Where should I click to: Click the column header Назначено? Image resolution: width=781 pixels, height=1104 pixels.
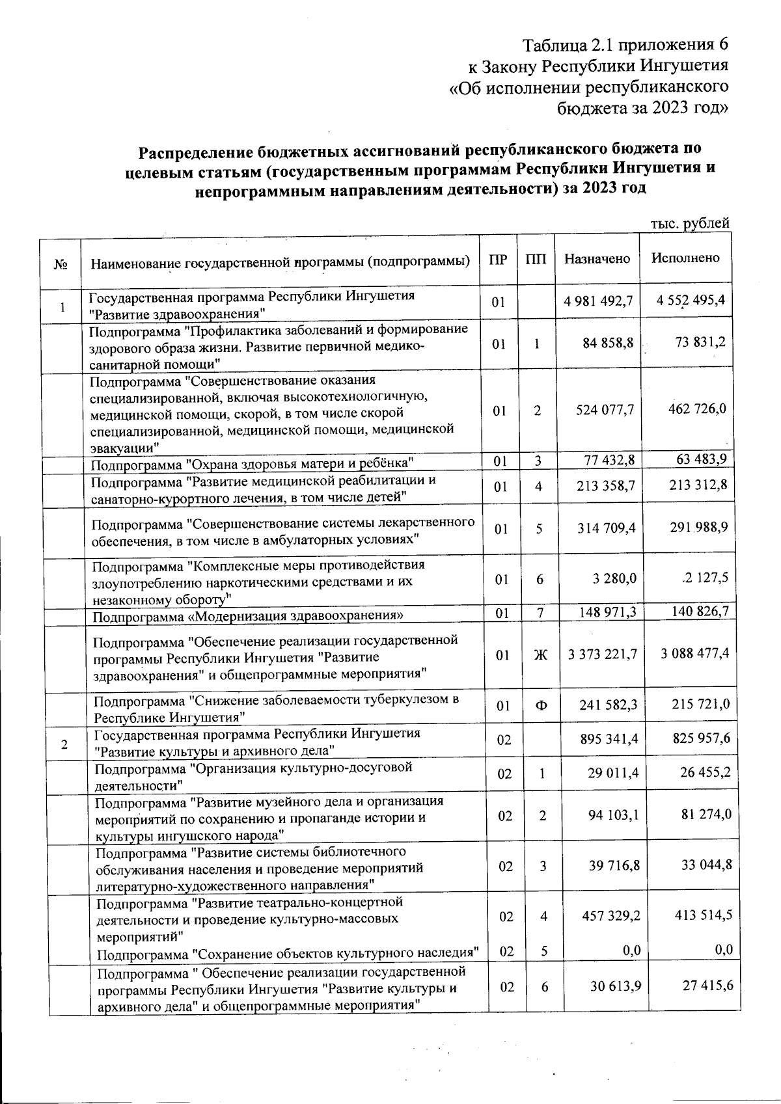coord(597,259)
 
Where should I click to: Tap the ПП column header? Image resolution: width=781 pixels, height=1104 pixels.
coord(536,259)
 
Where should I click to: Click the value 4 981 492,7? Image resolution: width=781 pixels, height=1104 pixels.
coord(598,302)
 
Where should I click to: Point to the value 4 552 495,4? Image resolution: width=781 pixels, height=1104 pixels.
coord(691,301)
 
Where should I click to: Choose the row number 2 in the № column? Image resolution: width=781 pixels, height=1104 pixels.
coord(64,744)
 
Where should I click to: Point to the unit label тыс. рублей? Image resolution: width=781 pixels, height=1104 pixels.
coord(690,223)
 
